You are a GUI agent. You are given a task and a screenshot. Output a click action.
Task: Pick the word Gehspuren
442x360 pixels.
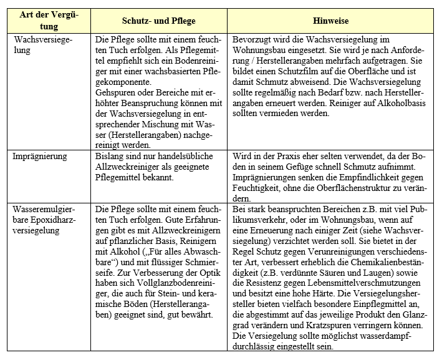[x=117, y=92]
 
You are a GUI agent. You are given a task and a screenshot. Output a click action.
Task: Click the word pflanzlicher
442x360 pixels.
[x=128, y=241]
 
